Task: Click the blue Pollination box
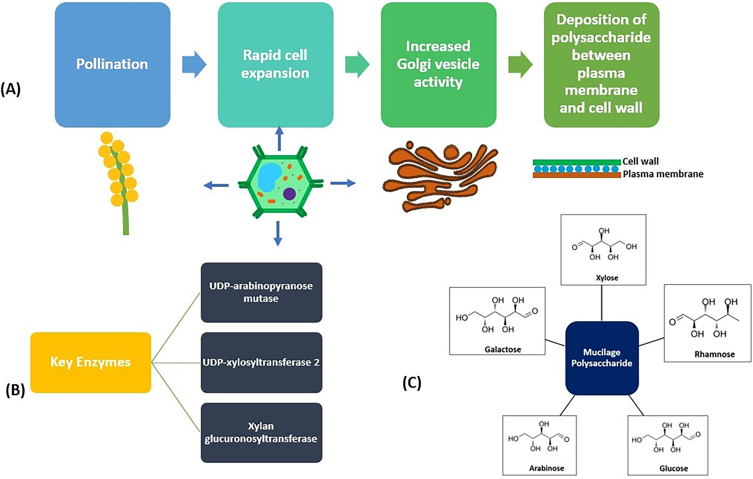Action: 112,65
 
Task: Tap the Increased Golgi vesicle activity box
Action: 438,65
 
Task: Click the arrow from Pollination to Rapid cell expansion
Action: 194,65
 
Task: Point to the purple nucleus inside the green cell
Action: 289,194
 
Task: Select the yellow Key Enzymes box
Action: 91,362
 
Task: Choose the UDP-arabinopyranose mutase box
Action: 261,292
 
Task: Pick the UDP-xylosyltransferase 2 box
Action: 261,362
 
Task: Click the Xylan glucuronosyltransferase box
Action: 261,432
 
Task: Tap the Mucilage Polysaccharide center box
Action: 602,358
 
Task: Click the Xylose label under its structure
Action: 607,278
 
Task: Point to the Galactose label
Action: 503,349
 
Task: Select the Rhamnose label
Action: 715,354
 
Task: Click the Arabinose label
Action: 547,468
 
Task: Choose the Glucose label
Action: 674,469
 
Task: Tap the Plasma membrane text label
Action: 663,174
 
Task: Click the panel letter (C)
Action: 412,383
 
